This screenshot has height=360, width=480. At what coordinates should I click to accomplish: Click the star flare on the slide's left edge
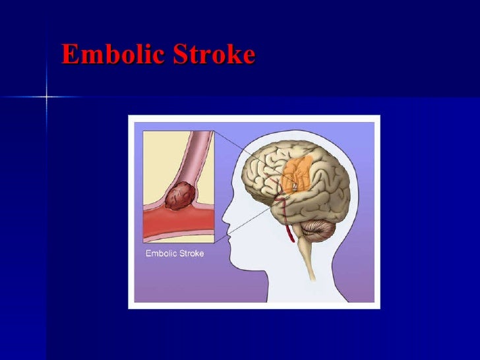[47, 97]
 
